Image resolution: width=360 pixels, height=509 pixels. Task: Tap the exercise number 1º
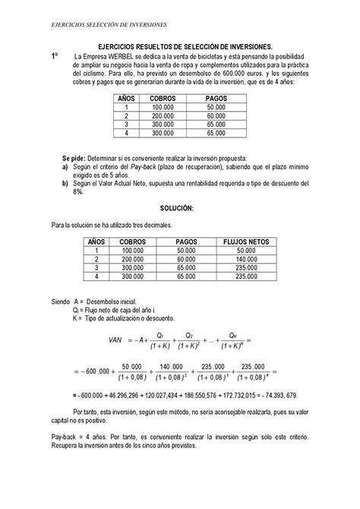[55, 57]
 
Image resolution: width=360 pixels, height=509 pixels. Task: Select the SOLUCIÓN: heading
[179, 207]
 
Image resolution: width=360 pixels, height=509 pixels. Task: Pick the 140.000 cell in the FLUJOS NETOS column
[245, 258]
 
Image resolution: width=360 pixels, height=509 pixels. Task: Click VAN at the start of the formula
[116, 340]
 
